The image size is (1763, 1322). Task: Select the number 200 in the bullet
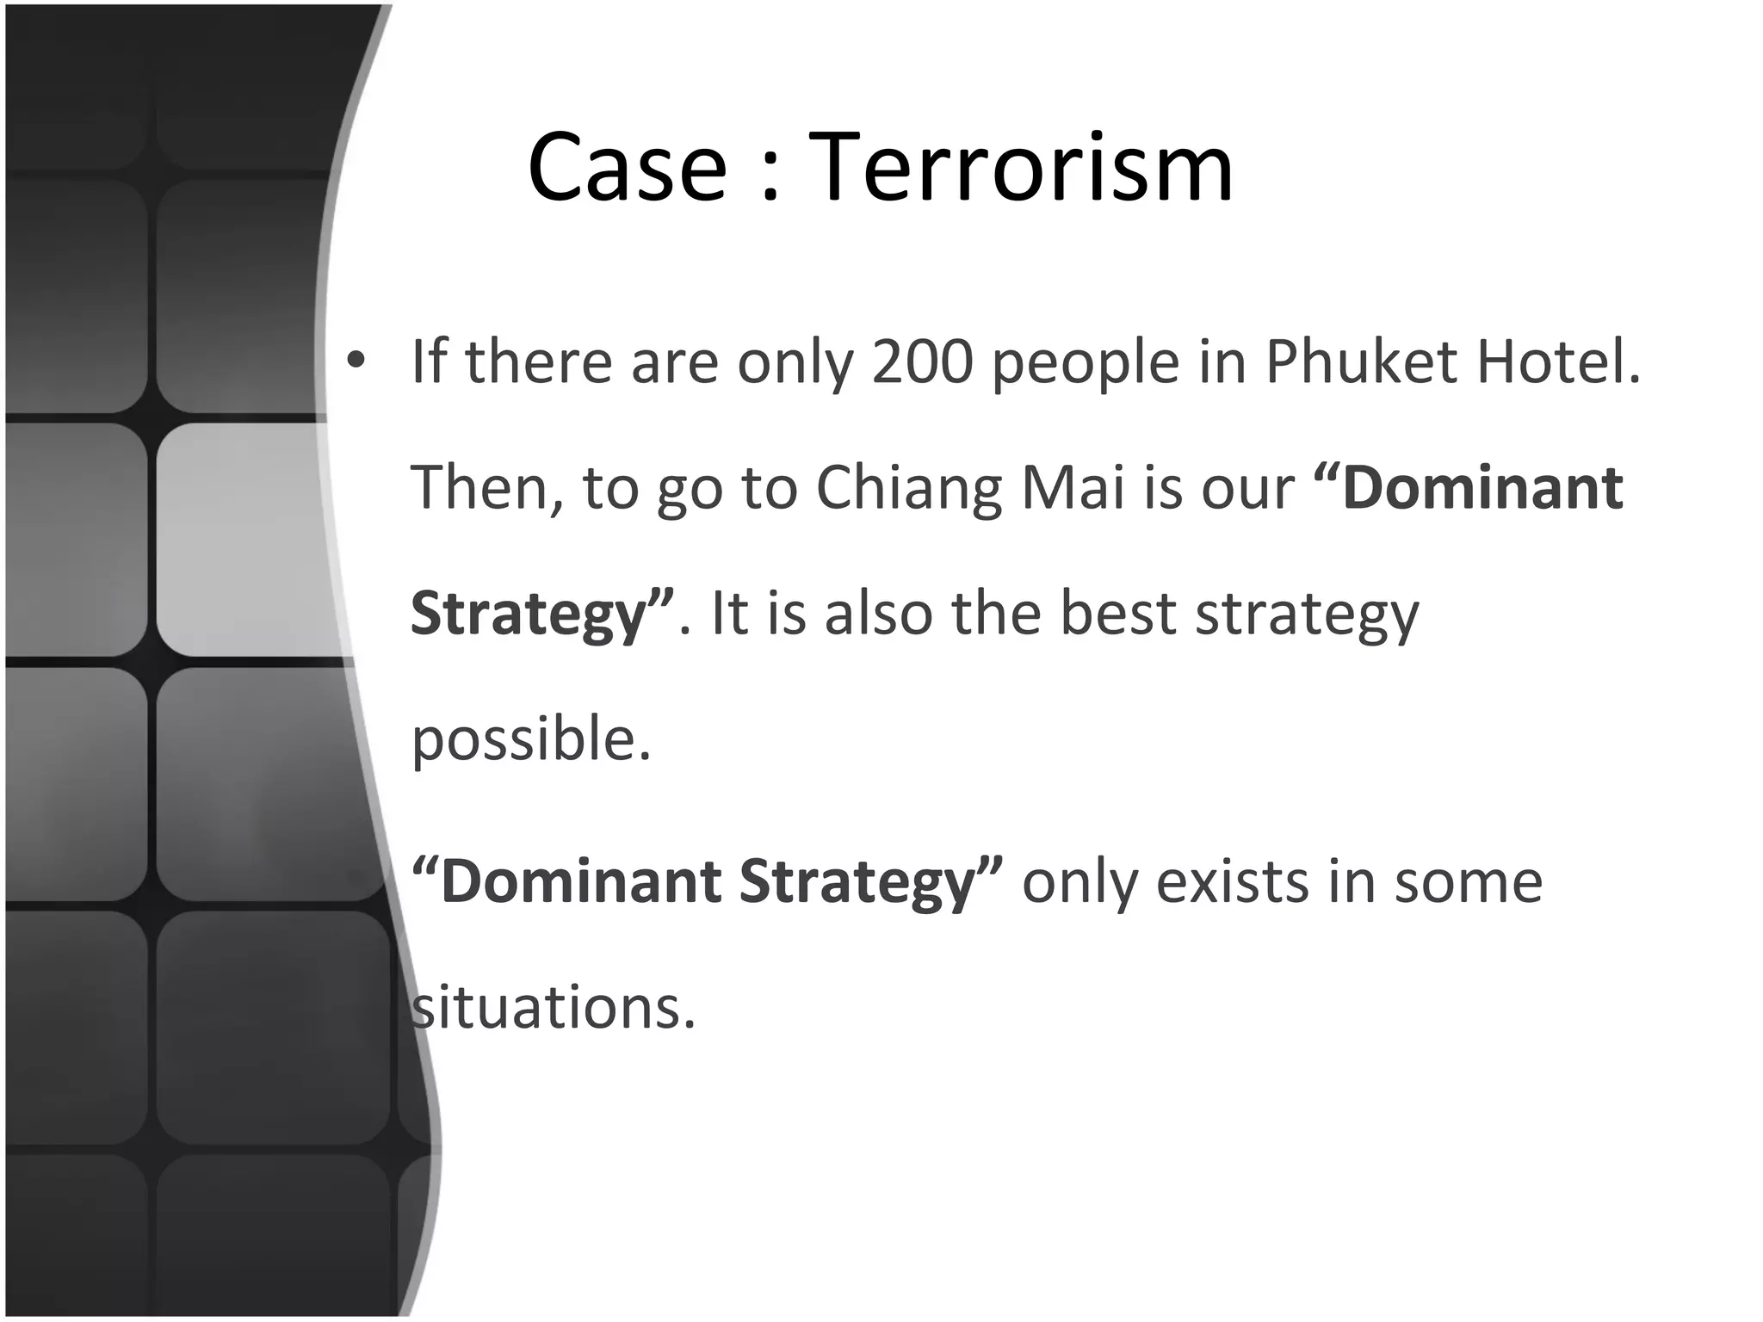pos(922,361)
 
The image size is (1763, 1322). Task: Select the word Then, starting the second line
pos(487,488)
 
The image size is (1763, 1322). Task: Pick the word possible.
pos(530,740)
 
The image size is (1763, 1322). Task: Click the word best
pos(1117,614)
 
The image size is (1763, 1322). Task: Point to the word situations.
pos(552,1007)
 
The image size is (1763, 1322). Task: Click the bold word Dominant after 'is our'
pos(1482,488)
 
